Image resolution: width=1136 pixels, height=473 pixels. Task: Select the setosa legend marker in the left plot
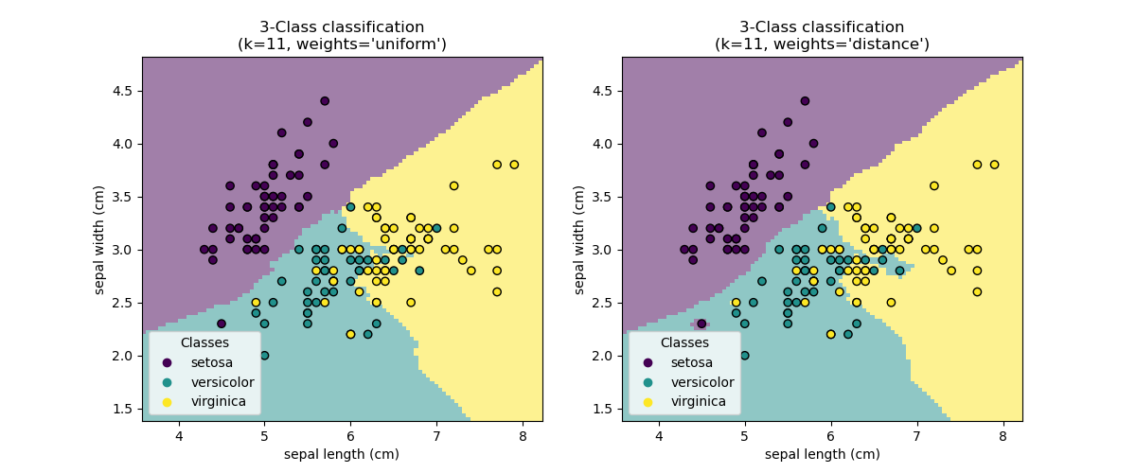(x=168, y=362)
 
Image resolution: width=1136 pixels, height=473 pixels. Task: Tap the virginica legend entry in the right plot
(x=699, y=402)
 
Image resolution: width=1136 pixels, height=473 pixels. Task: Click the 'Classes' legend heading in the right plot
(x=684, y=342)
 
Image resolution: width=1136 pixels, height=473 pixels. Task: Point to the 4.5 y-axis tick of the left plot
(x=123, y=91)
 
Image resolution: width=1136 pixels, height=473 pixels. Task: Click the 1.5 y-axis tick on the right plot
(x=603, y=409)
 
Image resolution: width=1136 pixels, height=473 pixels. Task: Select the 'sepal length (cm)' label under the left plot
(x=342, y=454)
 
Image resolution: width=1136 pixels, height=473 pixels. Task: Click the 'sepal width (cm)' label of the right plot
(x=579, y=239)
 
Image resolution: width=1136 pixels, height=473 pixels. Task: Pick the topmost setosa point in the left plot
(x=325, y=101)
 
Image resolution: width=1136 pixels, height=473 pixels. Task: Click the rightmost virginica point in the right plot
(x=994, y=165)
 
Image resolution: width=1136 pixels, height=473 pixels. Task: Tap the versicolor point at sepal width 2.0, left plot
(x=264, y=356)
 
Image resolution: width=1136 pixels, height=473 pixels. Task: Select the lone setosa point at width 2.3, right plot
(x=701, y=324)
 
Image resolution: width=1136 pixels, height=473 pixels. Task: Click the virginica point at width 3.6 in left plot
(x=453, y=186)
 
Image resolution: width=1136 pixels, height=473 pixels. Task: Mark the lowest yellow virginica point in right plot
(x=830, y=334)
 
